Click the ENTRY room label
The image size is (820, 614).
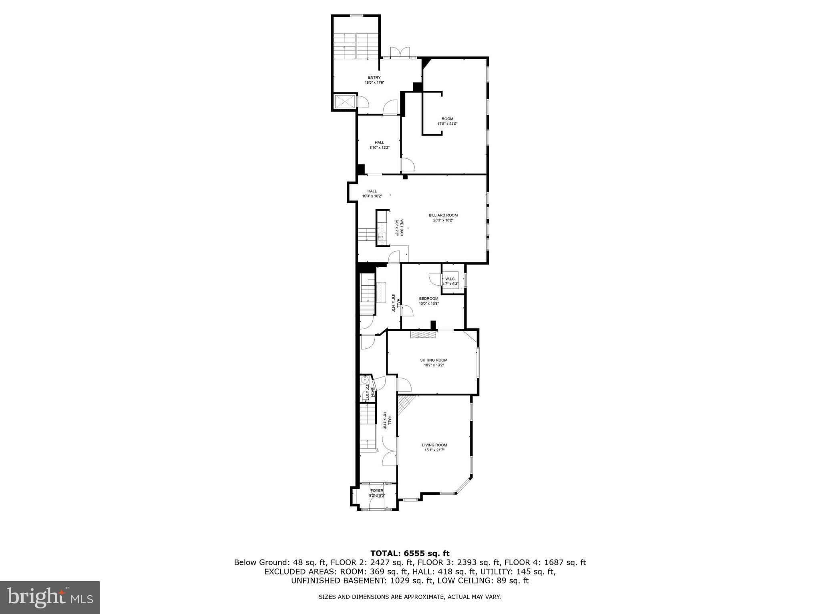pos(374,78)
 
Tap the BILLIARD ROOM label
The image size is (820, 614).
pos(443,215)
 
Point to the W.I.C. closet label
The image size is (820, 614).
pos(450,279)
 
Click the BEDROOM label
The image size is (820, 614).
pos(428,298)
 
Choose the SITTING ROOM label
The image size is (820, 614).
pos(434,360)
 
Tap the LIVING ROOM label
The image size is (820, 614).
pos(434,445)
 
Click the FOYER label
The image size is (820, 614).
pos(377,490)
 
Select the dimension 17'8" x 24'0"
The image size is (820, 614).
pos(447,124)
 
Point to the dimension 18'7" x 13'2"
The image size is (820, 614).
pos(434,365)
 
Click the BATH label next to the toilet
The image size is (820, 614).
pos(373,392)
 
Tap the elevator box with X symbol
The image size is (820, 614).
pos(344,101)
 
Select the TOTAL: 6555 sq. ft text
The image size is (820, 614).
pos(410,554)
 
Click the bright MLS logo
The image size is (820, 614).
pos(50,597)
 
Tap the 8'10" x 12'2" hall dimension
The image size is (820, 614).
pos(379,148)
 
